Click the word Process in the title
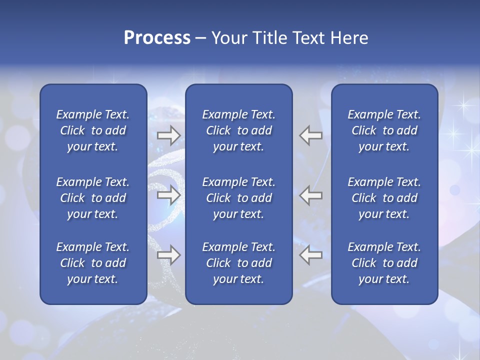click(x=157, y=38)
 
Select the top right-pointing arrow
click(x=168, y=135)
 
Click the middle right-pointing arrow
click(x=168, y=195)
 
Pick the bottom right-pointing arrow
click(x=168, y=255)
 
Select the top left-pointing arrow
click(x=311, y=135)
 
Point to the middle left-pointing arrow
click(x=311, y=195)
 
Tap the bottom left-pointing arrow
click(x=311, y=255)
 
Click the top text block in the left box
click(x=93, y=130)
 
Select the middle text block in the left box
click(x=93, y=198)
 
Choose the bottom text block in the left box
click(x=93, y=263)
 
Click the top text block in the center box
click(x=239, y=130)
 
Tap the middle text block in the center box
click(x=239, y=198)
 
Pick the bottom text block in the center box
click(x=239, y=263)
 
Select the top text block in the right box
click(x=384, y=130)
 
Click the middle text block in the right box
click(x=384, y=198)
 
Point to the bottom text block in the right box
click(x=384, y=263)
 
